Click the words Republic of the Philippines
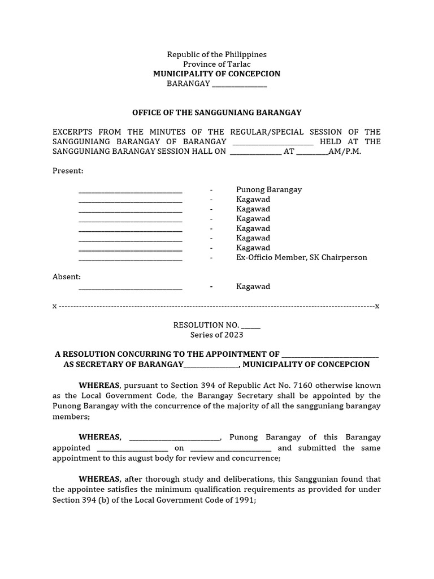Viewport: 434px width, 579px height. [216, 54]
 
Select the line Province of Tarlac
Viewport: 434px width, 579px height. [216, 64]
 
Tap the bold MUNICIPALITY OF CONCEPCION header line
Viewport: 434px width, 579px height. [216, 74]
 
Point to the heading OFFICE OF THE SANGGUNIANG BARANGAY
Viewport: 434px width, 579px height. [216, 113]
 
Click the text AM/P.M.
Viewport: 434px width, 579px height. [344, 152]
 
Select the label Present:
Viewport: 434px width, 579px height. [68, 171]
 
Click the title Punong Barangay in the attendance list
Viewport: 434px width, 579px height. [268, 190]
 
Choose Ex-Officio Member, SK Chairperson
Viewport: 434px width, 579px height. [301, 257]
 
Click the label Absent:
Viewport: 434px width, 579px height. [67, 276]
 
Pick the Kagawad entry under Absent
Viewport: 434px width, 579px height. [253, 286]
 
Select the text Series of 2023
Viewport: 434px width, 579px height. [216, 335]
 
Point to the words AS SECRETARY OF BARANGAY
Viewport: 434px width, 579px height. [123, 365]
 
